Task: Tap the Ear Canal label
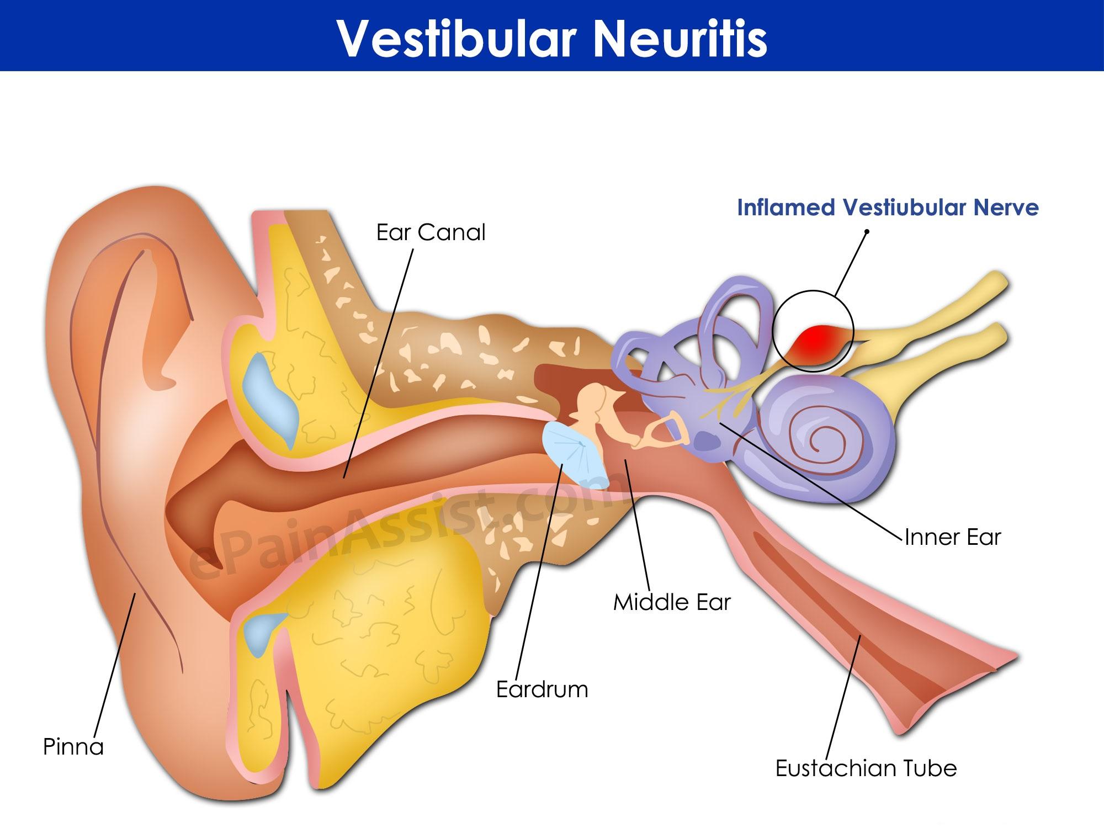pos(431,232)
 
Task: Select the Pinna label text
pos(73,747)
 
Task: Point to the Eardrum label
pos(542,689)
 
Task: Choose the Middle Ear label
pos(672,602)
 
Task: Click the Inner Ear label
pos(953,537)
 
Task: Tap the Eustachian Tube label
pos(866,768)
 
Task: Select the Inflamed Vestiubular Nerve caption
pos(888,208)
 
